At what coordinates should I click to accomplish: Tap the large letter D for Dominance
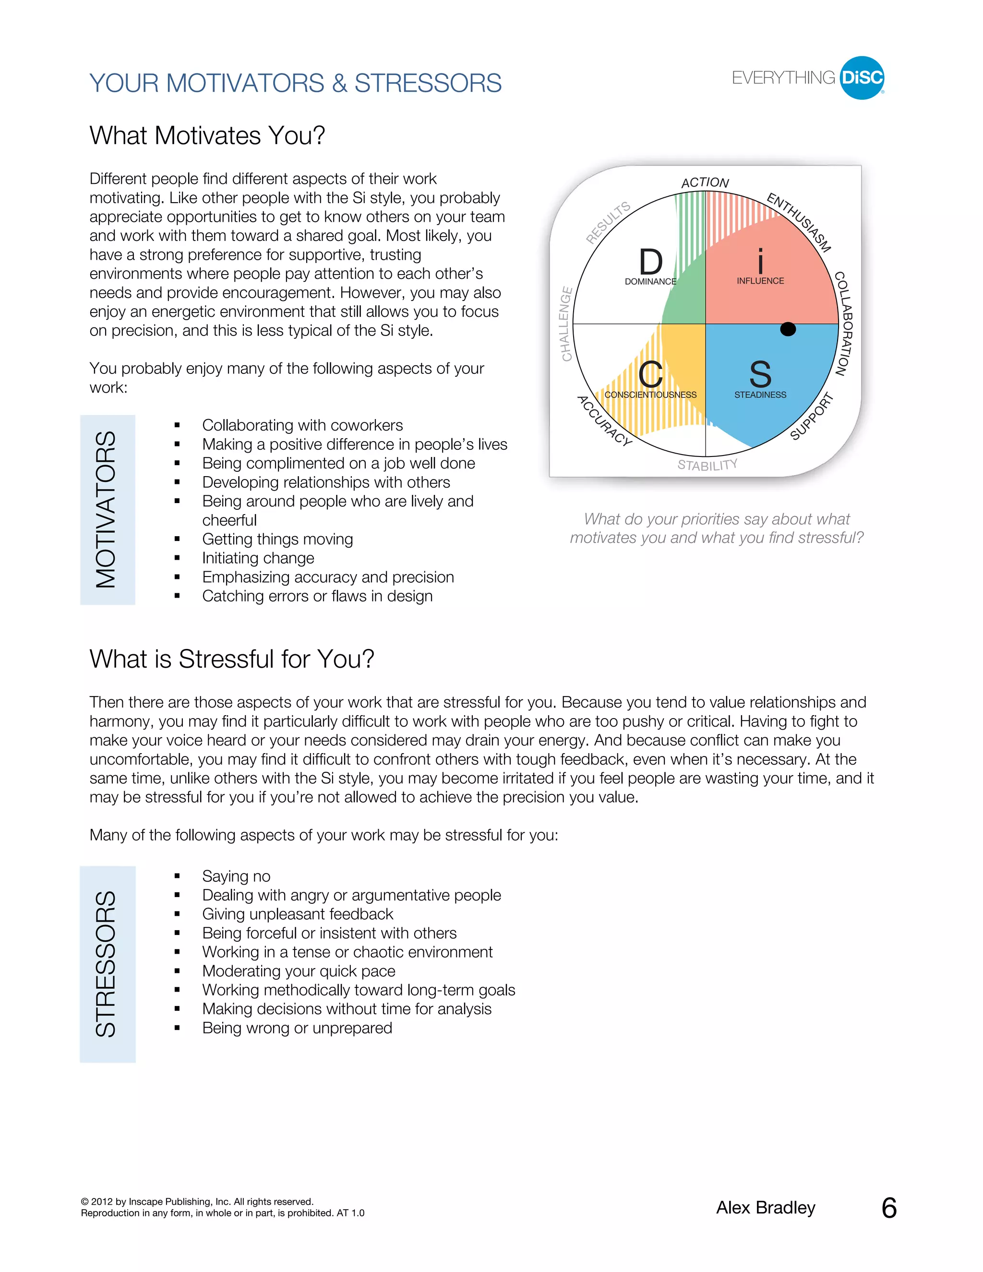pos(650,262)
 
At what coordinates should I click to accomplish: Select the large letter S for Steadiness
pos(760,374)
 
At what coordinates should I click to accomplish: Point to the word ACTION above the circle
pos(705,183)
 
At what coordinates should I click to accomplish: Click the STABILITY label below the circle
pos(707,465)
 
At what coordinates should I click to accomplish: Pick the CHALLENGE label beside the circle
pos(566,324)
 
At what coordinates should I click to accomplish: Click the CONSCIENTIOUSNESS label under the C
pos(650,395)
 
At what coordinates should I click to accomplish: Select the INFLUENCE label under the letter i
pos(760,281)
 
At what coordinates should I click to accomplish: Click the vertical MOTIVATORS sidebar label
pos(107,510)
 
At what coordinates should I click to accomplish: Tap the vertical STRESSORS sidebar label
pos(107,964)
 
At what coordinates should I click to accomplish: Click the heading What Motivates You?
pos(207,136)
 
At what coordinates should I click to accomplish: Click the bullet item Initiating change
pos(258,558)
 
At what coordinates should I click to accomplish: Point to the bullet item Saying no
pos(236,876)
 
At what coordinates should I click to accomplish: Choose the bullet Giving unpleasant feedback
pos(298,914)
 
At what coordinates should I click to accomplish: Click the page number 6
pos(888,1208)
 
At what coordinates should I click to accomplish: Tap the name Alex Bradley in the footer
pos(765,1208)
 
